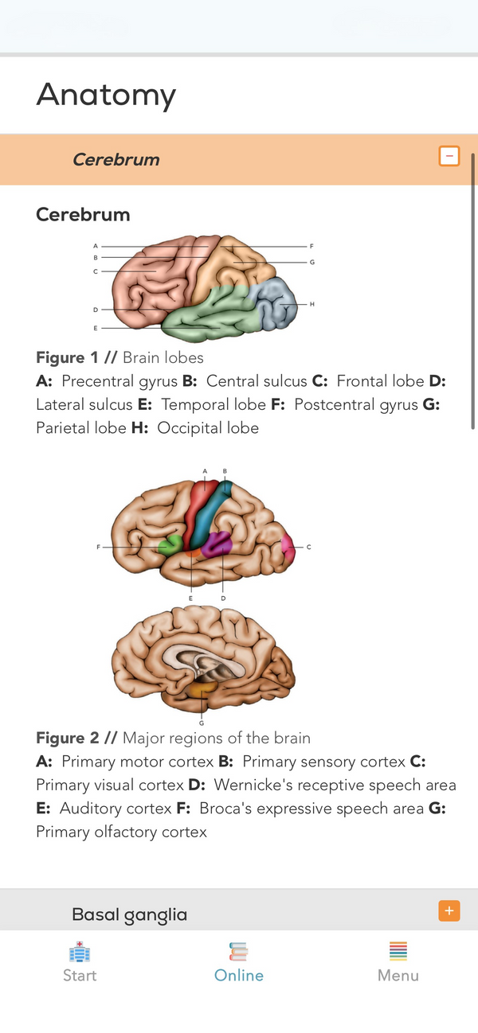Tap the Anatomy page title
coord(106,95)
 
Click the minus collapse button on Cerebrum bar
coord(449,156)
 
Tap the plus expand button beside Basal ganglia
coord(449,910)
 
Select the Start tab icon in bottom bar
coord(80,952)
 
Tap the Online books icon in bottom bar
coord(238,952)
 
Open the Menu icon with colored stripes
coord(398,951)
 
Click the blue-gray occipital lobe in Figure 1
coord(273,303)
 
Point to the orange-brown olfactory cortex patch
coord(202,689)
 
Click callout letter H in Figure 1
coord(312,304)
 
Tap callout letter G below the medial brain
coord(202,723)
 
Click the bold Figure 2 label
coord(68,738)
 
